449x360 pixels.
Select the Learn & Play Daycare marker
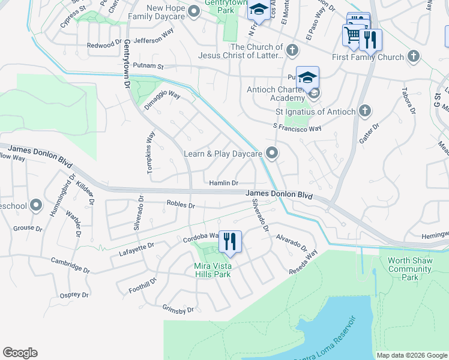273,154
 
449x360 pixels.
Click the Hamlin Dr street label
223,183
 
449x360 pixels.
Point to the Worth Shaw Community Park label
410,269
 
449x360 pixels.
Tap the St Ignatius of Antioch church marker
365,111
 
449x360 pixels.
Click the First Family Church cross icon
413,57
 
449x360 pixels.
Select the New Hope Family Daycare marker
194,11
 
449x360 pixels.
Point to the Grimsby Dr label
178,310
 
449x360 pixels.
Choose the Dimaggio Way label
162,99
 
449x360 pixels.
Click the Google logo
20,353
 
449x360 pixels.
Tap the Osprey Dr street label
74,295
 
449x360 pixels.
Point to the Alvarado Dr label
291,242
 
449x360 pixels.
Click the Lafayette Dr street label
135,246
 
